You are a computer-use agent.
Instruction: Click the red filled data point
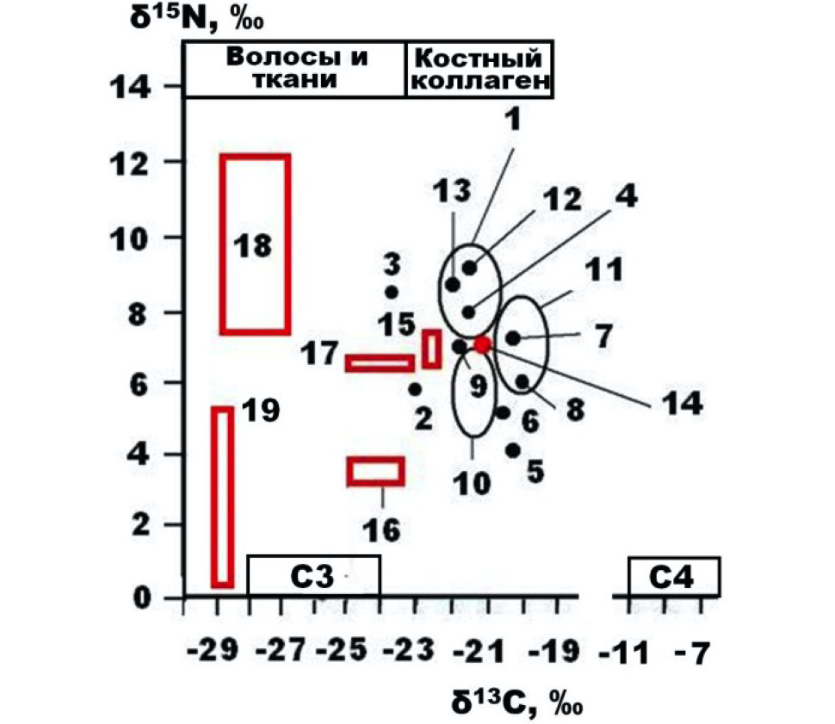482,344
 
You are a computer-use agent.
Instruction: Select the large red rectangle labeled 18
224,244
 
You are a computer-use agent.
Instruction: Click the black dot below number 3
392,292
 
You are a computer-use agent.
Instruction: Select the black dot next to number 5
513,451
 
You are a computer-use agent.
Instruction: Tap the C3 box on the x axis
313,576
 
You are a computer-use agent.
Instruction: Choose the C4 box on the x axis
674,577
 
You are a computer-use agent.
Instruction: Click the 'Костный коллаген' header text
480,69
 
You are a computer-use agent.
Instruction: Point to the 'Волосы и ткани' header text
296,68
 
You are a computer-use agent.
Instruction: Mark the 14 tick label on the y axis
130,87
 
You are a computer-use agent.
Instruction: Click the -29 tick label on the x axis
213,651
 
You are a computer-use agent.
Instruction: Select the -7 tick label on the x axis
693,653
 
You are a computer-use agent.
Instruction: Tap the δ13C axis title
517,702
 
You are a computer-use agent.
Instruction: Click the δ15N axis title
196,19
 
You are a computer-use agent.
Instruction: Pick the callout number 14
683,403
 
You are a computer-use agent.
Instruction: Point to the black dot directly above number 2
415,389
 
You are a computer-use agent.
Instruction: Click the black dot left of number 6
503,413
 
